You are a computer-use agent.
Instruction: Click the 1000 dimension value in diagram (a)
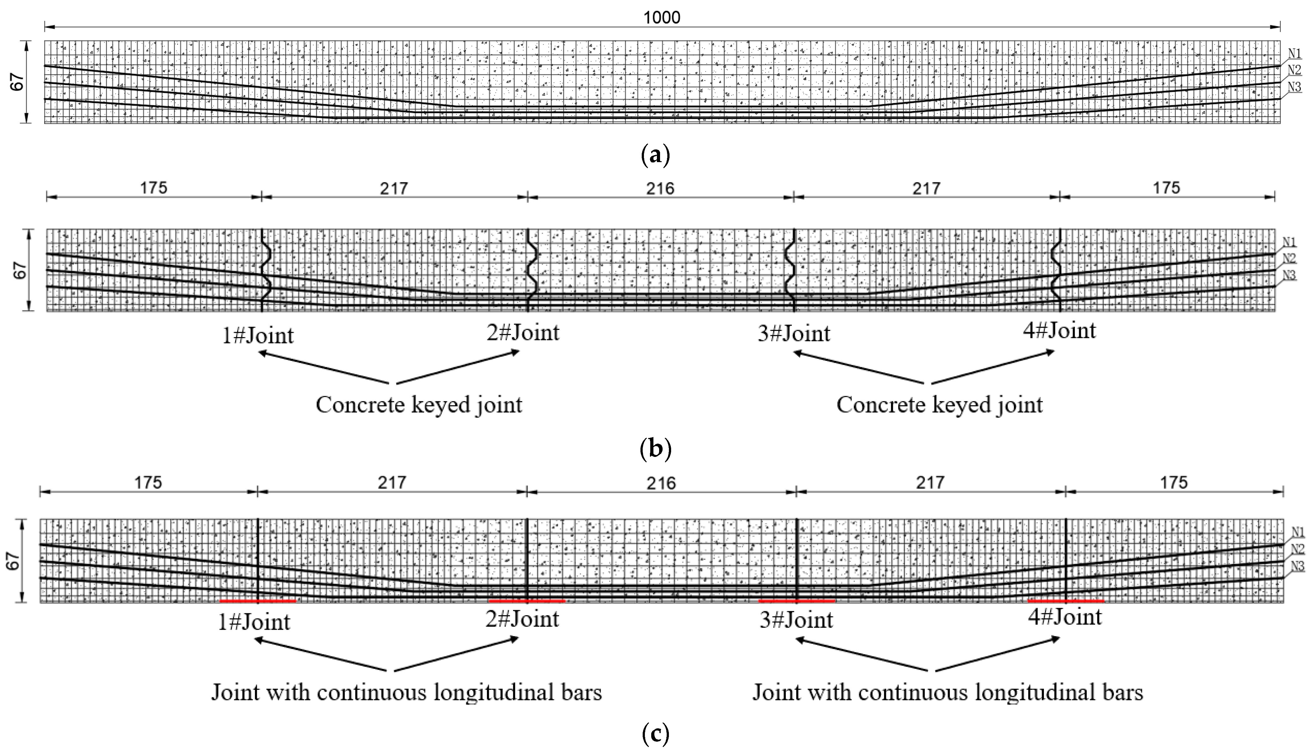[x=662, y=18]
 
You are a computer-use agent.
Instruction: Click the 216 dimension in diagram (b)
[x=660, y=188]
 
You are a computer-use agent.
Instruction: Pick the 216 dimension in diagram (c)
[x=661, y=483]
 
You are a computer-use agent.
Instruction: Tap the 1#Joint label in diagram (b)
[x=258, y=336]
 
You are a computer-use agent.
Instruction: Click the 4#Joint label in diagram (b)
[x=1059, y=331]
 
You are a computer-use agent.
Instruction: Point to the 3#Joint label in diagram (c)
[x=796, y=620]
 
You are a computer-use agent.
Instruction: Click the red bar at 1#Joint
[x=258, y=601]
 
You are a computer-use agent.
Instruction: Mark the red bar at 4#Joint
[x=1066, y=601]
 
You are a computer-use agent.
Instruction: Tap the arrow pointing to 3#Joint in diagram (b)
[x=858, y=368]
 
